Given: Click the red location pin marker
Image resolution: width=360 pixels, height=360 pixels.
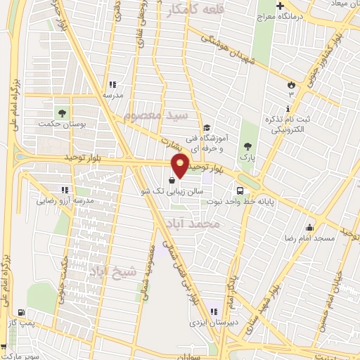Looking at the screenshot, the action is (181, 166).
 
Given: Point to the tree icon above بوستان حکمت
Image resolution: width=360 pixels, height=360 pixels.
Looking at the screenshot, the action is (62, 111).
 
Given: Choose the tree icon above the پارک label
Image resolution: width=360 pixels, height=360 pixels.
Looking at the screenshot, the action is (247, 146).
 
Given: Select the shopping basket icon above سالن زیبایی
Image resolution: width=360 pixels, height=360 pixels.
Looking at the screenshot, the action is (173, 179).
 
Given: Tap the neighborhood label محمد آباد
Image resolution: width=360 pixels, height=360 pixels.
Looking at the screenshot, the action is (192, 224).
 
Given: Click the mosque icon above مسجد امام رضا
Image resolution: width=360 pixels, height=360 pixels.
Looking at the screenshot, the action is (309, 226).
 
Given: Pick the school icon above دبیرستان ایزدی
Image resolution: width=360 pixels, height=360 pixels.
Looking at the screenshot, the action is (213, 311).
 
